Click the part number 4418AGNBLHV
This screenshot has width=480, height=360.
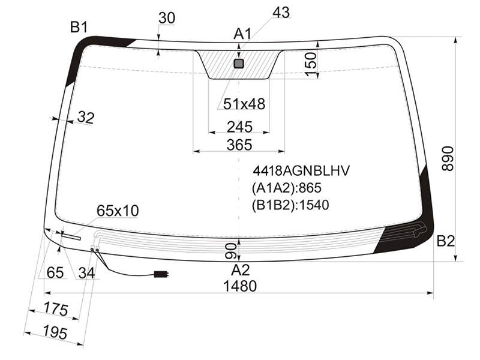(301, 171)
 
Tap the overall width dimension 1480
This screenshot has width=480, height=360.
(240, 286)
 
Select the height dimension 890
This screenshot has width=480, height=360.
(448, 158)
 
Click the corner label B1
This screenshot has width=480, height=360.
(79, 27)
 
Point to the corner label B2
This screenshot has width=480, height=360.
(445, 241)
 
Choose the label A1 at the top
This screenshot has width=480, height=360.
(242, 34)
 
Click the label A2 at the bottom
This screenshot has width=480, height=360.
(241, 270)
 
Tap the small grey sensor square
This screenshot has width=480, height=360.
(239, 64)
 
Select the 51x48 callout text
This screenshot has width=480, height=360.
(244, 104)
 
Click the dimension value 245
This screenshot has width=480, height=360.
(239, 127)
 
